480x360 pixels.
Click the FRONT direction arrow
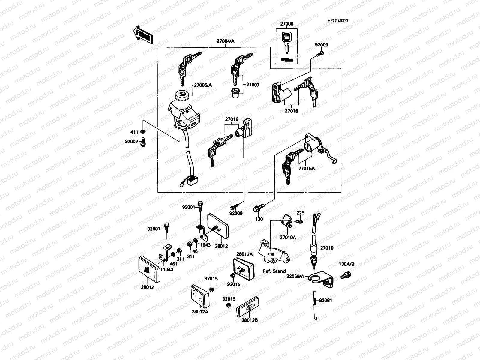click(x=143, y=34)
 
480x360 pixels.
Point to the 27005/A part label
click(x=203, y=85)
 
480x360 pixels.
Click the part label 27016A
click(x=307, y=168)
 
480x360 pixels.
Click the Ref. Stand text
click(x=274, y=271)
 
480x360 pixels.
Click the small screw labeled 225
click(x=300, y=221)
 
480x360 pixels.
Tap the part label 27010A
click(x=288, y=237)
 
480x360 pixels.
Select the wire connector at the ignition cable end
click(x=191, y=181)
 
